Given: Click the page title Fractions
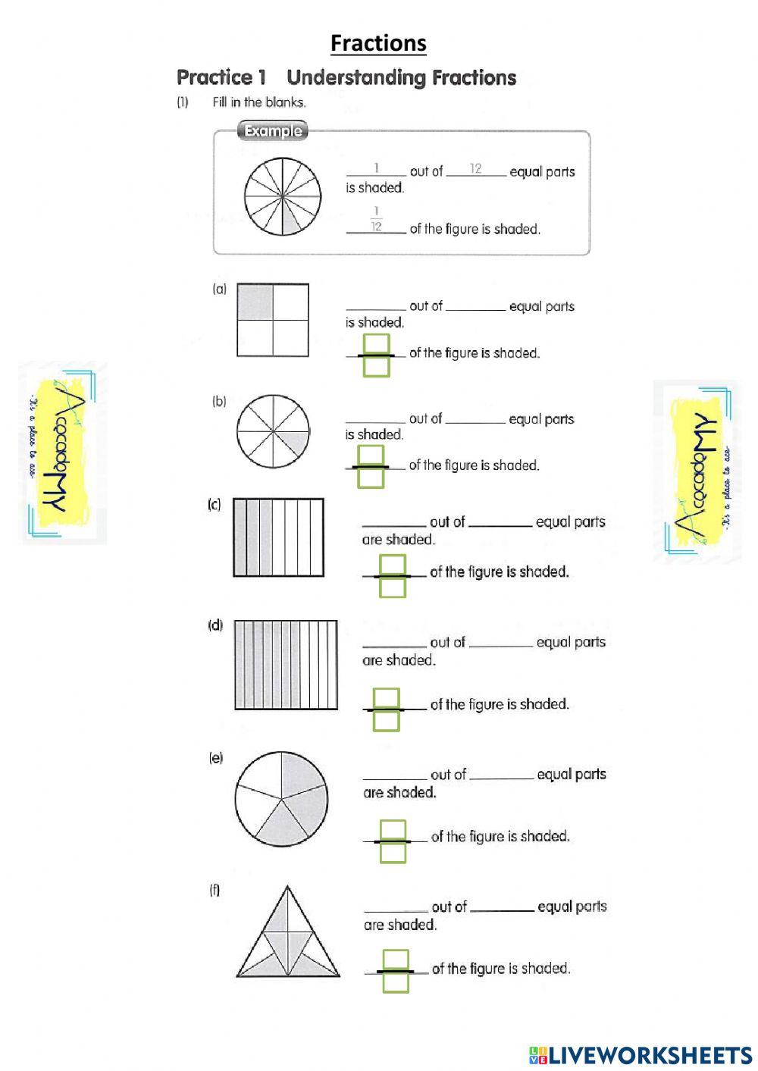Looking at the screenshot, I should pyautogui.click(x=378, y=43).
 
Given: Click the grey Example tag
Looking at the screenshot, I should pyautogui.click(x=273, y=131).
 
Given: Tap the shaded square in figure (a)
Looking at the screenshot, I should pyautogui.click(x=255, y=302).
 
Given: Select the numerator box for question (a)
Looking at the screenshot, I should pyautogui.click(x=376, y=344).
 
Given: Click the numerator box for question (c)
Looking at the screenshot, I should pyautogui.click(x=393, y=565).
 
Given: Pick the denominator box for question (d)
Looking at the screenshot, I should pyautogui.click(x=386, y=720).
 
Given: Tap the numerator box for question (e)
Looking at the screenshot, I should pyautogui.click(x=393, y=830).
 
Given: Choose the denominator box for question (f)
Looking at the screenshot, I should pyautogui.click(x=396, y=982).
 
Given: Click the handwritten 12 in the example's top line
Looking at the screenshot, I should pyautogui.click(x=475, y=168).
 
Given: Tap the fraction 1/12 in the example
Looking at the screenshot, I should pyautogui.click(x=376, y=219).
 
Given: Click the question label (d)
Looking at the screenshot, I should pyautogui.click(x=215, y=625).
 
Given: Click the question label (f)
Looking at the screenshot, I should pyautogui.click(x=215, y=890).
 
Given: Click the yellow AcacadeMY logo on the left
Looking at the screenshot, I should pyautogui.click(x=62, y=453).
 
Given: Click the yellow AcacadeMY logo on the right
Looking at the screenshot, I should pyautogui.click(x=696, y=471).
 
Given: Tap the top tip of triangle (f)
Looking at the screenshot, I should pyautogui.click(x=287, y=888).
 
